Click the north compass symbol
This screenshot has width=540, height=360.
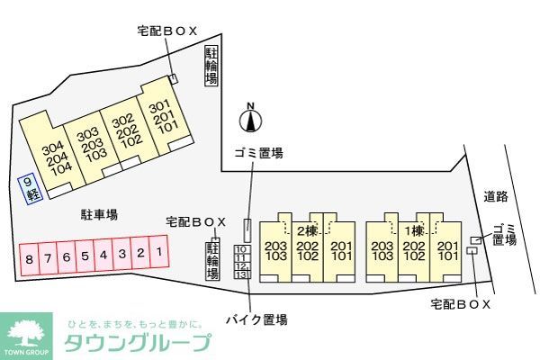252,118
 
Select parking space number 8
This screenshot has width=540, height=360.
29,258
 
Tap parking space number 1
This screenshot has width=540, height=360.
158,253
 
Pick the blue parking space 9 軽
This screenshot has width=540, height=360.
31,188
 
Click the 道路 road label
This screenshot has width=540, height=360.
496,196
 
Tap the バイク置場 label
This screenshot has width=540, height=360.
256,319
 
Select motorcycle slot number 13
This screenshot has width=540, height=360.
241,274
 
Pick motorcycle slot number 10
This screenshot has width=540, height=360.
241,249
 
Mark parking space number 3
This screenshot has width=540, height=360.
121,255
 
